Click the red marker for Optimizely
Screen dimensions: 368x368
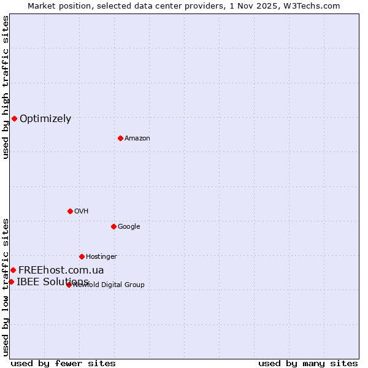tap(14, 118)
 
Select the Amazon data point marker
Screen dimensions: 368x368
tap(120, 138)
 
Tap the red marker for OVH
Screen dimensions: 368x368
tap(70, 211)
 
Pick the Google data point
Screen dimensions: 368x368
tap(113, 226)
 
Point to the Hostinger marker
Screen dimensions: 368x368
tap(82, 256)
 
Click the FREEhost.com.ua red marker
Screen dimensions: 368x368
tap(13, 270)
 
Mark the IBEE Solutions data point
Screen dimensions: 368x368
tap(11, 282)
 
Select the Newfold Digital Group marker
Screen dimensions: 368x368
tap(69, 285)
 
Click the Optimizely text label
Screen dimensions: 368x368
tap(45, 119)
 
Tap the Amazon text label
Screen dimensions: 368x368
tap(137, 139)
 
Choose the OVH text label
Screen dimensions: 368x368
tap(82, 212)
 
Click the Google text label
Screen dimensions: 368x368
tap(129, 227)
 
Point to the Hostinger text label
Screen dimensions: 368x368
tap(101, 257)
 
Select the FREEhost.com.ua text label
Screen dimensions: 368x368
tap(61, 270)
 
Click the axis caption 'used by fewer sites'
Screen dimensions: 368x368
tap(63, 363)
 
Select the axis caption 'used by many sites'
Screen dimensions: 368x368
tap(308, 363)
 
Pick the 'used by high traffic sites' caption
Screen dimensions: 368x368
tap(6, 87)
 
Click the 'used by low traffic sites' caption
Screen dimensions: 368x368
tap(6, 287)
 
